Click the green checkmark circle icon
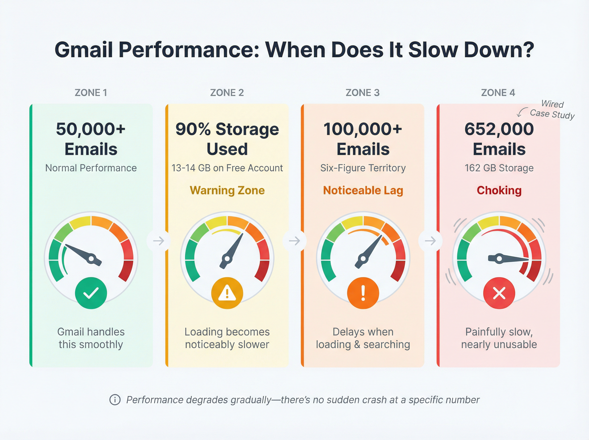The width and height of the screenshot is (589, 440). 91,293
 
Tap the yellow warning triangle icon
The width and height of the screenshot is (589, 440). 227,293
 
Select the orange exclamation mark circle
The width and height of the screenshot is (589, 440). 363,293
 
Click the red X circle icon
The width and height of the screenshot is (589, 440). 499,293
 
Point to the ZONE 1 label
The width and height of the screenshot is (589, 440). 91,93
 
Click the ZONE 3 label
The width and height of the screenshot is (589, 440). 362,93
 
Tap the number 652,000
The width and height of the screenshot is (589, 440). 499,129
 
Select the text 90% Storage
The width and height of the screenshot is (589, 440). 227,129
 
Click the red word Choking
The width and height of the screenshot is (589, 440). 499,191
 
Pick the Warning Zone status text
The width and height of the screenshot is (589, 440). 227,191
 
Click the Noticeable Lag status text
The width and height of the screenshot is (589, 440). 363,191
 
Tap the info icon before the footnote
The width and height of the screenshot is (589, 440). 115,400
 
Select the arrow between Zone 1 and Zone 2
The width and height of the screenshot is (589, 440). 159,241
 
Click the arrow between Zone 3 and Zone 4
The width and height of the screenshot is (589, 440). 430,241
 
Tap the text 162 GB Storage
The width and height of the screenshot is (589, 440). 499,168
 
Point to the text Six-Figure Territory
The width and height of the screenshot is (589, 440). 363,168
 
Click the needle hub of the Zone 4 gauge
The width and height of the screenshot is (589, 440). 499,258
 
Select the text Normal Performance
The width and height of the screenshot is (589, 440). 91,168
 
